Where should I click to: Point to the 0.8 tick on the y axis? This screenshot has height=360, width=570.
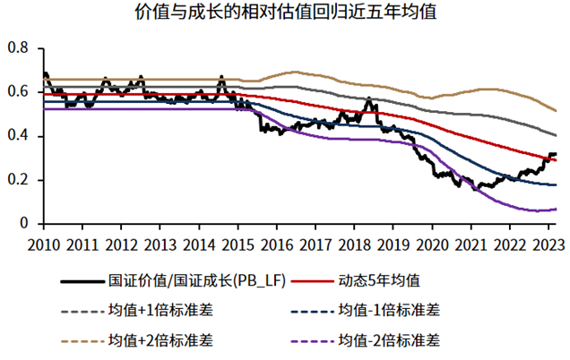pyautogui.click(x=17, y=48)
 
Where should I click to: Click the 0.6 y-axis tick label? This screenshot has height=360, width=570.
pyautogui.click(x=17, y=92)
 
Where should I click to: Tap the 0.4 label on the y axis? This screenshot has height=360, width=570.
pyautogui.click(x=17, y=136)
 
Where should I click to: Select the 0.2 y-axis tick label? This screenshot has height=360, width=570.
pyautogui.click(x=17, y=180)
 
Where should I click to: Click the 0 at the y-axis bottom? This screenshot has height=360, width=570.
pyautogui.click(x=25, y=224)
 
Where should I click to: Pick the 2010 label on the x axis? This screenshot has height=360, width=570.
pyautogui.click(x=42, y=243)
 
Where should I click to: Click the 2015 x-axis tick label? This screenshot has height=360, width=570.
pyautogui.click(x=236, y=243)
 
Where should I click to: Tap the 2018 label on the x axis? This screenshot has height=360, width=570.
pyautogui.click(x=353, y=243)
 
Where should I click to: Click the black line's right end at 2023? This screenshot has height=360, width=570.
pyautogui.click(x=556, y=154)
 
